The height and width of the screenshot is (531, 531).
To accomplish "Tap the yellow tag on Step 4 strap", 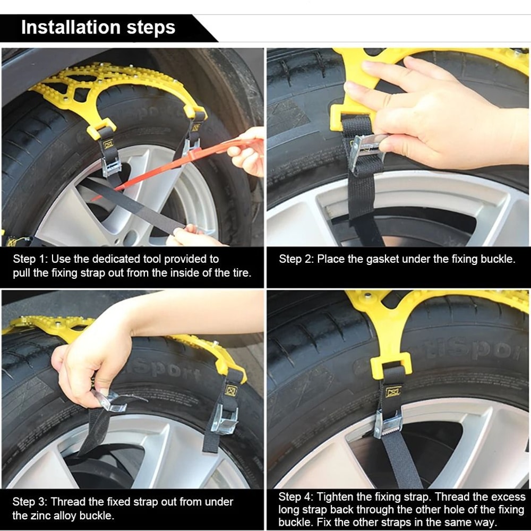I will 393,392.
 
